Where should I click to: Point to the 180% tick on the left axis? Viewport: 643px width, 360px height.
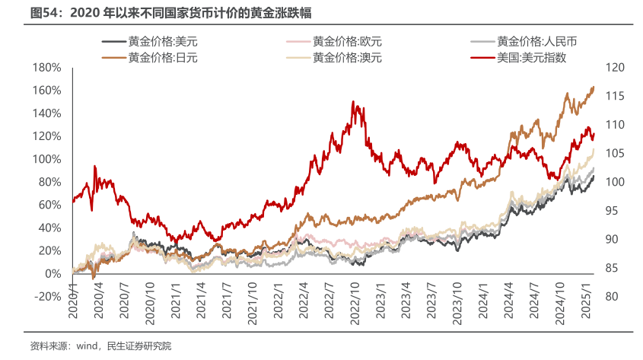(x=46, y=68)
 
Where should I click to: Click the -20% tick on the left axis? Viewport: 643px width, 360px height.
(x=46, y=297)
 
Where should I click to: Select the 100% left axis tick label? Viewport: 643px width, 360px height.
(x=46, y=159)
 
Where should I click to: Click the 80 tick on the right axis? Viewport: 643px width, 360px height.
(x=613, y=297)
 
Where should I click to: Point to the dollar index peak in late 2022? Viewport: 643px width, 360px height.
(x=352, y=102)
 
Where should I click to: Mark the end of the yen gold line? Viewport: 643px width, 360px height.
(x=594, y=88)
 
